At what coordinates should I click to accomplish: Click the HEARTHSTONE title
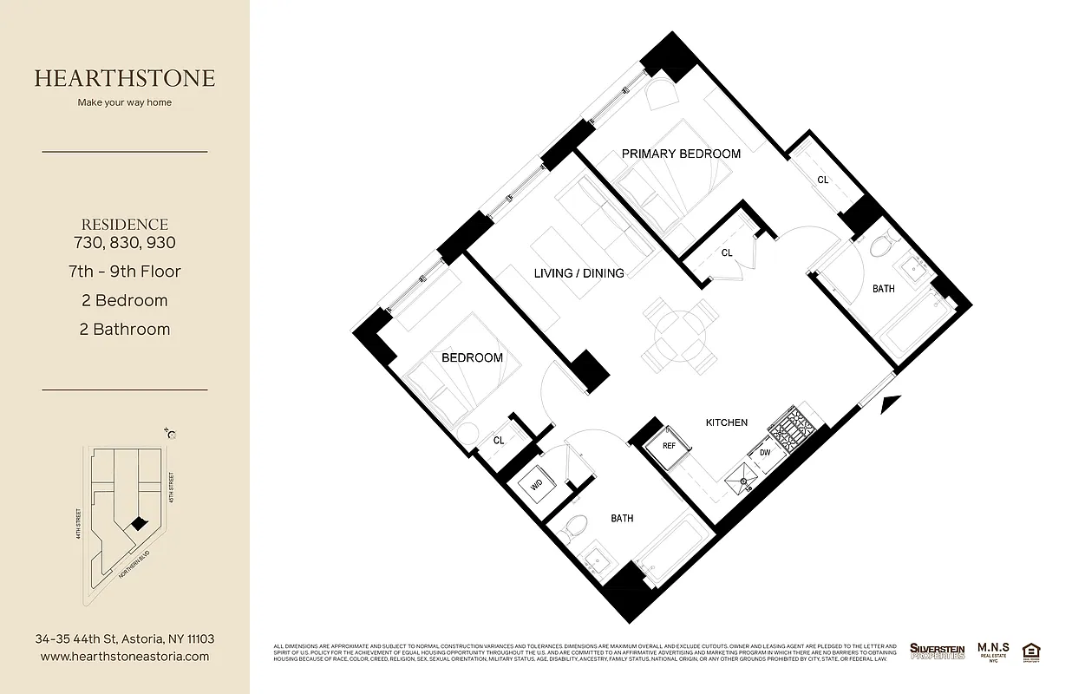[x=125, y=78]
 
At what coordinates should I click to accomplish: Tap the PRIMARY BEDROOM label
[x=681, y=154]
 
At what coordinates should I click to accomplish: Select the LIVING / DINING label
[x=578, y=273]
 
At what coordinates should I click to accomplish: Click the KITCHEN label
[x=726, y=422]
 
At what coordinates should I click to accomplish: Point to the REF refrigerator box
[x=669, y=446]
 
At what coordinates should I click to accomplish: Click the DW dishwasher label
[x=764, y=452]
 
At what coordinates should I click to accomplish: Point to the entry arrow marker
[x=891, y=403]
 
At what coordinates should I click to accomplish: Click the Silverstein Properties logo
[x=937, y=651]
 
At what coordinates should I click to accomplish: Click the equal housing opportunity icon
[x=1032, y=651]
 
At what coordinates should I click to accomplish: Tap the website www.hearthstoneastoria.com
[x=125, y=657]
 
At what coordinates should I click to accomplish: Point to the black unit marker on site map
[x=135, y=524]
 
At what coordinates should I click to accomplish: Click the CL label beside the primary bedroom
[x=823, y=180]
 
